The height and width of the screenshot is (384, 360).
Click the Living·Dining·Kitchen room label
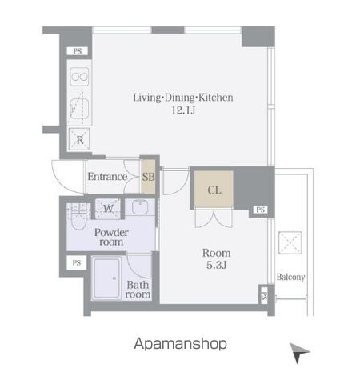click(183, 98)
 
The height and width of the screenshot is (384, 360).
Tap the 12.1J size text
click(183, 110)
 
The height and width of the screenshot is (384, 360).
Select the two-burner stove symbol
click(79, 77)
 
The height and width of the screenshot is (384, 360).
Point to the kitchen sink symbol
click(79, 109)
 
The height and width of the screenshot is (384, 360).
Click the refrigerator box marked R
click(79, 139)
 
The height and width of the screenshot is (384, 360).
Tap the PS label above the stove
click(78, 51)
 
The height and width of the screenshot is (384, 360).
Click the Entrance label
click(107, 177)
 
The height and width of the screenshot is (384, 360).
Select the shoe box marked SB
click(148, 177)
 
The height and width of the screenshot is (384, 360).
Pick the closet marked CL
click(214, 189)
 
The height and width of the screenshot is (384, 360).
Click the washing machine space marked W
click(108, 209)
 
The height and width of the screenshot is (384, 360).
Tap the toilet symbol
click(78, 217)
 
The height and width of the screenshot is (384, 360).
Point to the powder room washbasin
click(140, 206)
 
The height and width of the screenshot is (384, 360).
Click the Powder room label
click(111, 237)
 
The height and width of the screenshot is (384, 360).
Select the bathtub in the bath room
click(106, 278)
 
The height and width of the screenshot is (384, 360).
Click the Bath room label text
click(138, 290)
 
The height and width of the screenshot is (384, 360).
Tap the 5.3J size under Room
click(217, 265)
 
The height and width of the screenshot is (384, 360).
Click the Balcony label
click(290, 277)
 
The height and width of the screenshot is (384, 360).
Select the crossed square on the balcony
click(290, 242)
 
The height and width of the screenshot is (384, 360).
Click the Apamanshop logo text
click(180, 344)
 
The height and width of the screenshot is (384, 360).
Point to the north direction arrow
click(299, 352)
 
